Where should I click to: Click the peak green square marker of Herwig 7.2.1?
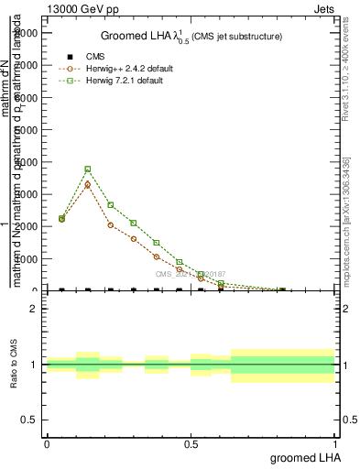(88, 169)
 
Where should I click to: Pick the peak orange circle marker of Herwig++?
(88, 184)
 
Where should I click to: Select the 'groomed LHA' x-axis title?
(304, 457)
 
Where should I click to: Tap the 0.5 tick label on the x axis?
(191, 444)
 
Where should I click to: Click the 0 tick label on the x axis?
(47, 444)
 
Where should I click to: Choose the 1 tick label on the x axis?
(336, 444)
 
